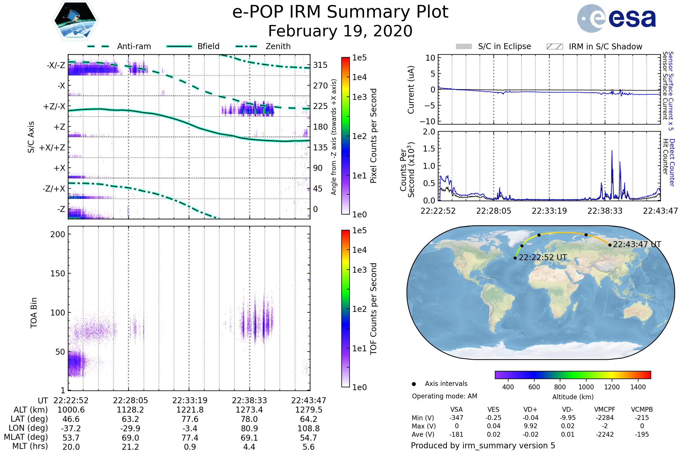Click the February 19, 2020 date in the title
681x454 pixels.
340,31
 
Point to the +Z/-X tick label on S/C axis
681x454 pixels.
54,107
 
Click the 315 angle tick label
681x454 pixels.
320,65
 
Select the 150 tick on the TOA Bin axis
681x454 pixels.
58,274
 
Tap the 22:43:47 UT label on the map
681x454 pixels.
637,244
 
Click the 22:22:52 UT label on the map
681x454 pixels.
543,257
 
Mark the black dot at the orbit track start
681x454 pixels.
515,258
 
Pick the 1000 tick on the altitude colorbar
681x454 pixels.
586,387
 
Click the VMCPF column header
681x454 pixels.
605,410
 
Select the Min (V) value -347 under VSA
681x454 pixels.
456,418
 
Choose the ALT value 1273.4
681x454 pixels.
249,410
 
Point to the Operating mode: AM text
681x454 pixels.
444,396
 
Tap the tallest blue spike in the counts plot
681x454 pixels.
612,151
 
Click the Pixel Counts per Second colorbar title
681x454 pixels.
373,136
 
